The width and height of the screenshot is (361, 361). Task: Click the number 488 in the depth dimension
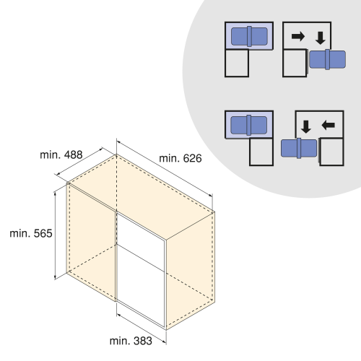[x=73, y=155]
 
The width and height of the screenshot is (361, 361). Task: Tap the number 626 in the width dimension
[x=192, y=158]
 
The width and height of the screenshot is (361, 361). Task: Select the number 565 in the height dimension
[x=43, y=233]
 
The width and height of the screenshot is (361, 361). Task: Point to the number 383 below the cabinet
[x=143, y=341]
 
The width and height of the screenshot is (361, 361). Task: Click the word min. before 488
[x=51, y=155]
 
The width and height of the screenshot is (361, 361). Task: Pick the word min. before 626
[x=170, y=158]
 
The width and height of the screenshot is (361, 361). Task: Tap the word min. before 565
[x=20, y=233]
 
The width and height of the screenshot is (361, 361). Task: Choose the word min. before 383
[x=120, y=341]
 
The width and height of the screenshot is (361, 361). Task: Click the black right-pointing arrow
[x=298, y=36]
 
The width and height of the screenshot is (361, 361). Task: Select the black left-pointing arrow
[x=328, y=125]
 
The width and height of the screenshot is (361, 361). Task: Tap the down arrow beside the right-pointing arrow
[x=321, y=38]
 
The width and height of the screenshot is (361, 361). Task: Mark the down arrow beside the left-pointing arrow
[x=306, y=127]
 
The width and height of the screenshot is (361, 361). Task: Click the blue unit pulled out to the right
[x=327, y=59]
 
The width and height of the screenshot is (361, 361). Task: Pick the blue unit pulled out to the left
[x=299, y=148]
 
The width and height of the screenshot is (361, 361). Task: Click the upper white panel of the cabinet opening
[x=141, y=240]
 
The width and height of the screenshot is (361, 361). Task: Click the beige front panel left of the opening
[x=91, y=240]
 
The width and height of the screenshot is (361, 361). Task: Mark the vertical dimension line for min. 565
[x=55, y=235]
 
